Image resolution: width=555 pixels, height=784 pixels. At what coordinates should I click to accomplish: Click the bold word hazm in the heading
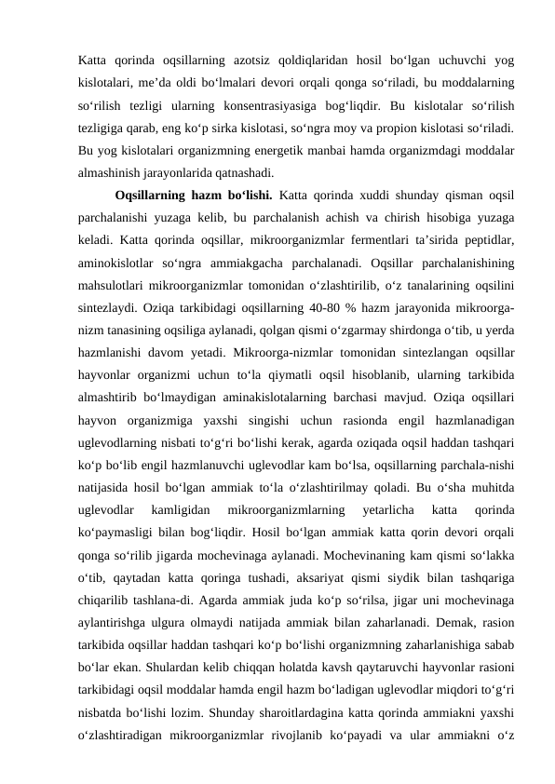coord(205,195)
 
